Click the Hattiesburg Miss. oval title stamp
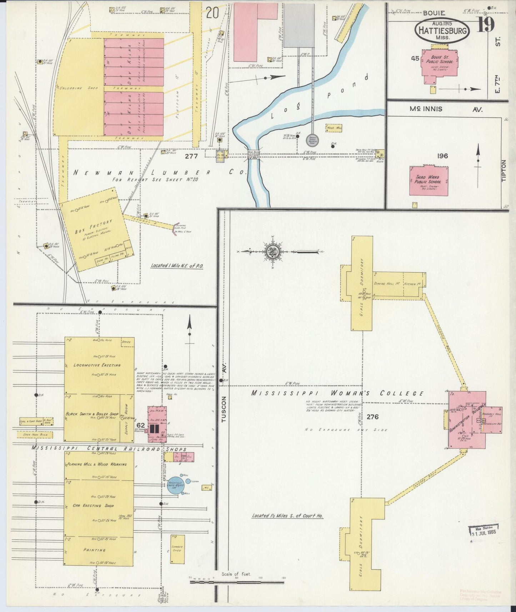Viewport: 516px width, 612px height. click(x=442, y=30)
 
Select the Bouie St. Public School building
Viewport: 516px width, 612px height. click(x=440, y=63)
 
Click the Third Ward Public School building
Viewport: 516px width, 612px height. click(x=429, y=180)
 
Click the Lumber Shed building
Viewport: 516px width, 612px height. click(x=177, y=549)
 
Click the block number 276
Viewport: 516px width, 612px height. click(x=372, y=417)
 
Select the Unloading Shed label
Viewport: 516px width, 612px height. click(x=71, y=88)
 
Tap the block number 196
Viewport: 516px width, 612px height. click(x=442, y=156)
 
